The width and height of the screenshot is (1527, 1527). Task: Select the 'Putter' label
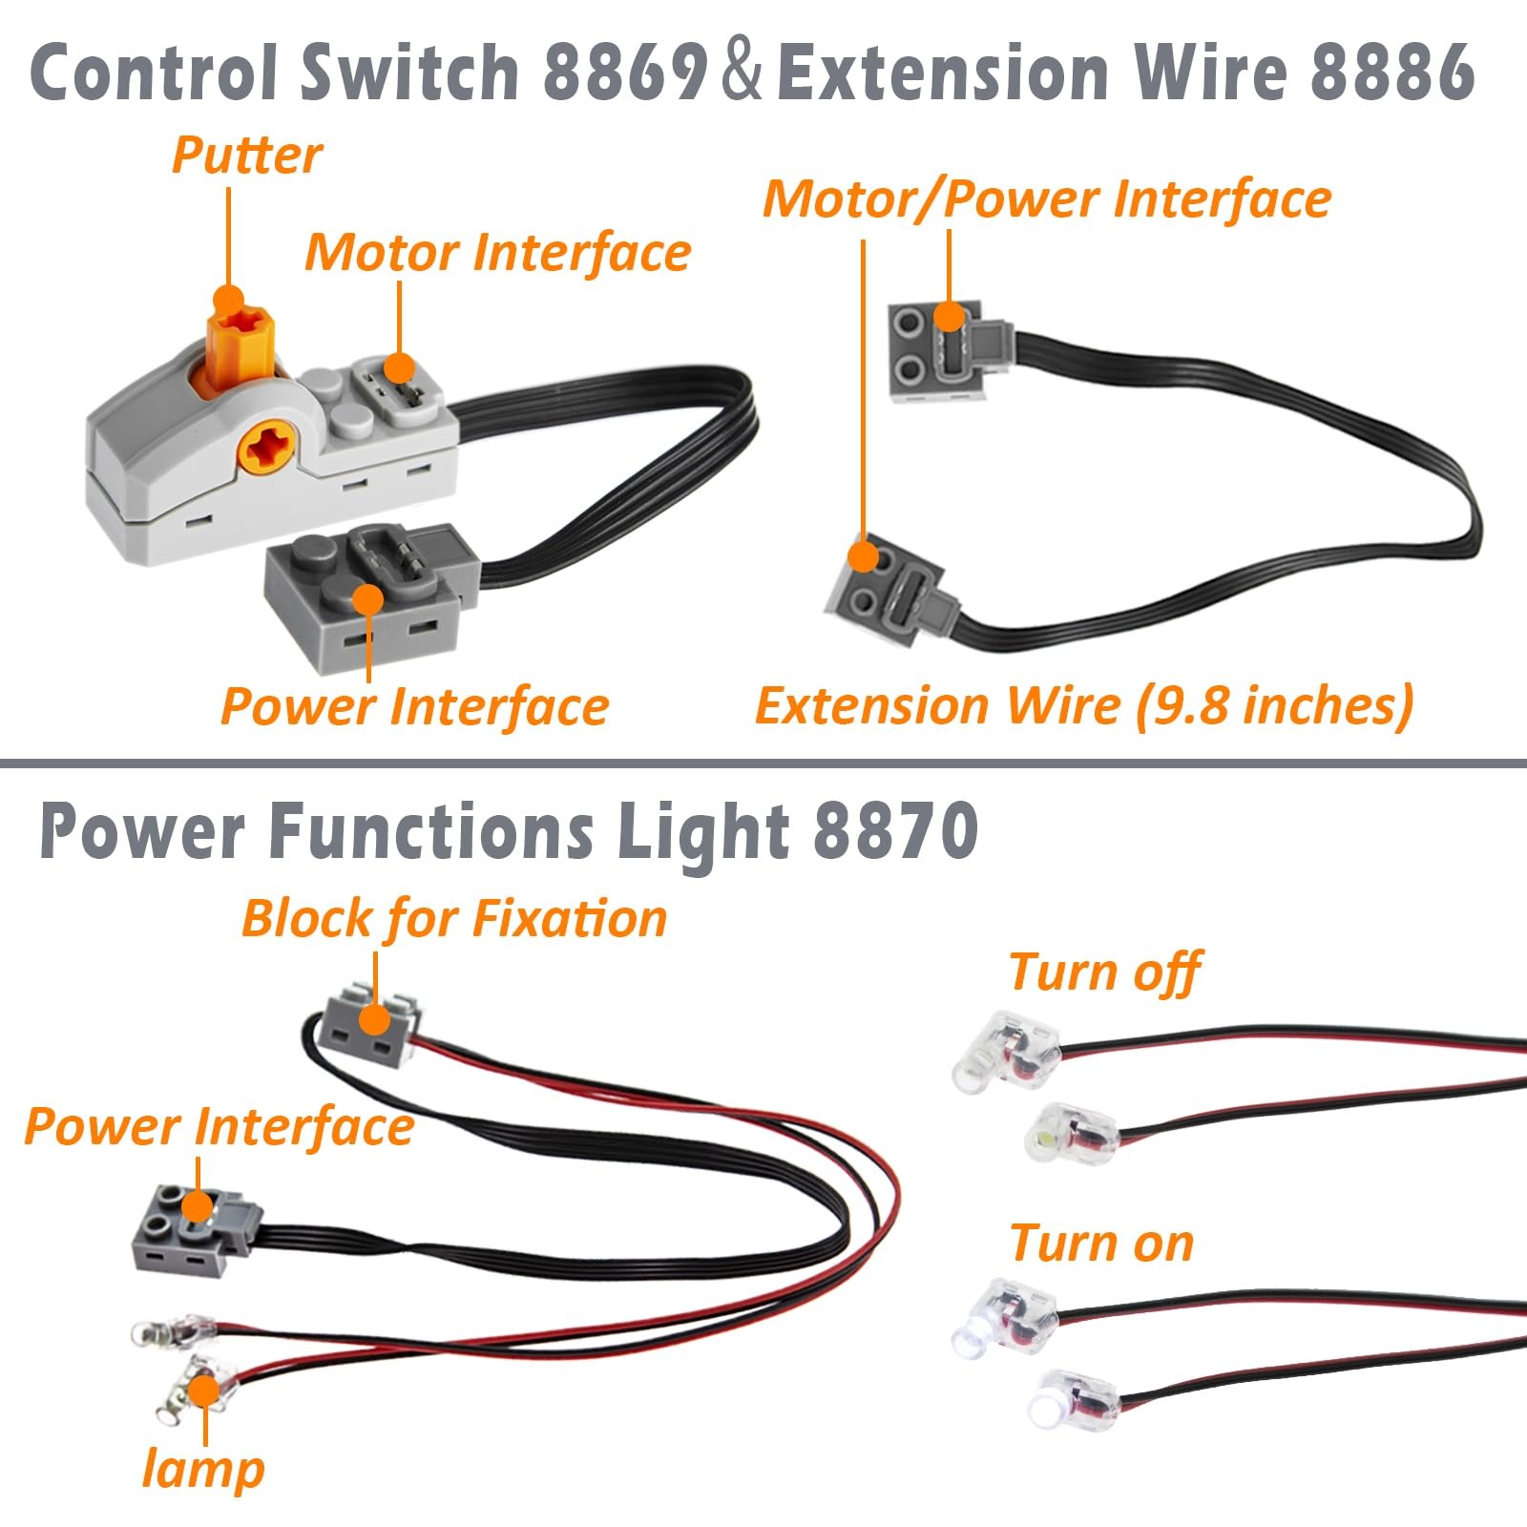(246, 156)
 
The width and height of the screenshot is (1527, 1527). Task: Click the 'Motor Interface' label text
(497, 252)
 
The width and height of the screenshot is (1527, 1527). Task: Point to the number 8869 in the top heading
(624, 73)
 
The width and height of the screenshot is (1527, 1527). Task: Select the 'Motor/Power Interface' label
(1046, 199)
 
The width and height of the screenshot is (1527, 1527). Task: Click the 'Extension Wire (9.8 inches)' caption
(1084, 706)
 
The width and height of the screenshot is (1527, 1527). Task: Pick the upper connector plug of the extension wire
(950, 353)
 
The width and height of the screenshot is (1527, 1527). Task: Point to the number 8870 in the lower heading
(895, 831)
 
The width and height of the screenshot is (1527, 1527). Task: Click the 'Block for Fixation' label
(454, 919)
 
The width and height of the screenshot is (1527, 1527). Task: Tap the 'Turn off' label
(1104, 973)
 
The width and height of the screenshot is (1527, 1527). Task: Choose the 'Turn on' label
(1101, 1244)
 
